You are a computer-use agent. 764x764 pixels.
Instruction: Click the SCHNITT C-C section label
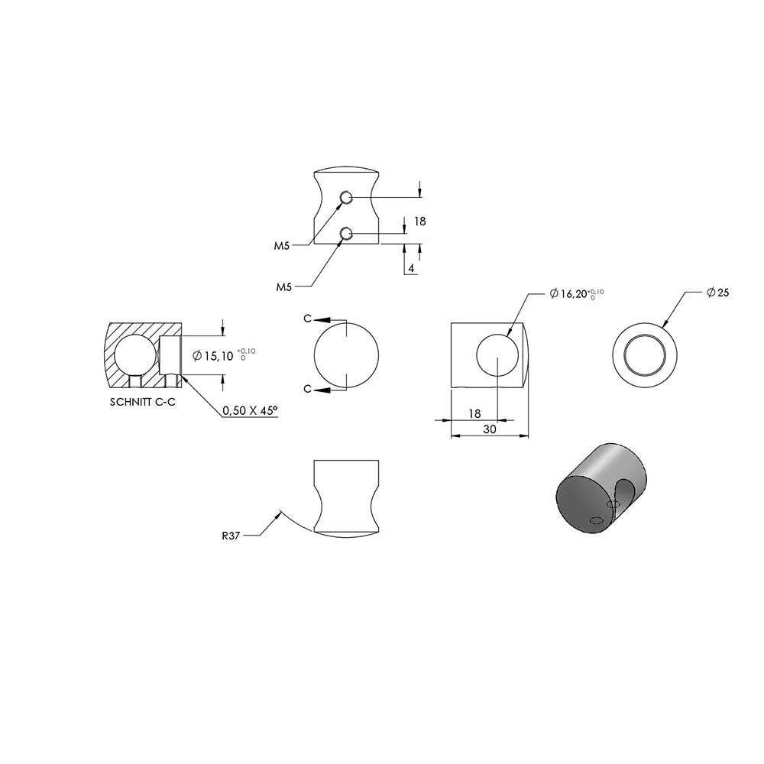(x=142, y=403)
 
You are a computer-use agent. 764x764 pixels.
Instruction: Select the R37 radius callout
(x=231, y=536)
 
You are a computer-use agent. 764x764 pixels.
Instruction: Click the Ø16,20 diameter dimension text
(x=577, y=294)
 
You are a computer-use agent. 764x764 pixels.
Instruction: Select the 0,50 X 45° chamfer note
(x=250, y=411)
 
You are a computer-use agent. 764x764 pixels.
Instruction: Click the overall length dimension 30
(x=490, y=429)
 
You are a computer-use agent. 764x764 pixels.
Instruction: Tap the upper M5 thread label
(x=282, y=246)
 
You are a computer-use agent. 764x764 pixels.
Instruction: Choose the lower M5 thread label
(x=284, y=287)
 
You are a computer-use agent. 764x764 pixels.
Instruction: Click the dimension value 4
(x=411, y=268)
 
